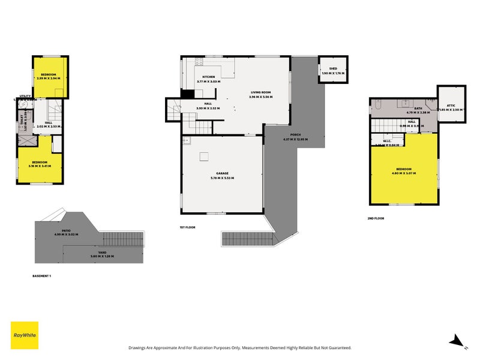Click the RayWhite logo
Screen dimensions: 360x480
click(x=25, y=335)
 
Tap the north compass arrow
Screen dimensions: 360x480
click(x=457, y=341)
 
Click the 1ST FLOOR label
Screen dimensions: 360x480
click(x=187, y=227)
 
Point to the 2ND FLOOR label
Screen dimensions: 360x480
click(x=376, y=218)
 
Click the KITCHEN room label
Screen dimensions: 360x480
click(x=208, y=77)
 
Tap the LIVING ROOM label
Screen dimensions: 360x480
click(x=262, y=92)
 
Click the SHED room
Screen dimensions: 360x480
click(x=333, y=71)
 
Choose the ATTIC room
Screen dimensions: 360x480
click(x=451, y=106)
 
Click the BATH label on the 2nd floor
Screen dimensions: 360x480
click(x=418, y=109)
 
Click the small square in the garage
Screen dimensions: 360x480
click(x=205, y=157)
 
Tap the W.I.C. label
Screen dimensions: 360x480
click(x=387, y=142)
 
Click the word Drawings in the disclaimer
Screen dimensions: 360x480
click(x=139, y=347)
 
